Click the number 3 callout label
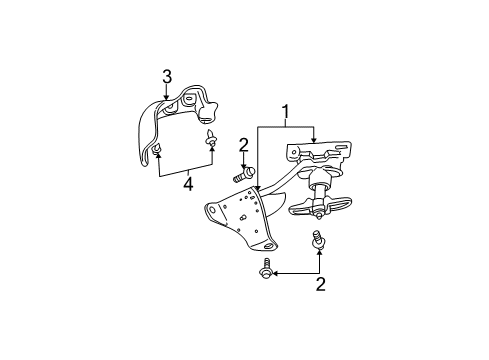(x=168, y=75)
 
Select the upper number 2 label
(x=242, y=146)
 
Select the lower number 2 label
(x=319, y=284)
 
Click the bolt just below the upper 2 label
(x=241, y=175)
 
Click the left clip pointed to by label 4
(x=159, y=150)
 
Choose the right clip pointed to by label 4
(x=212, y=138)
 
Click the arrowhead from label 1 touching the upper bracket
(x=314, y=143)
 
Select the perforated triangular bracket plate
(x=240, y=220)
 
